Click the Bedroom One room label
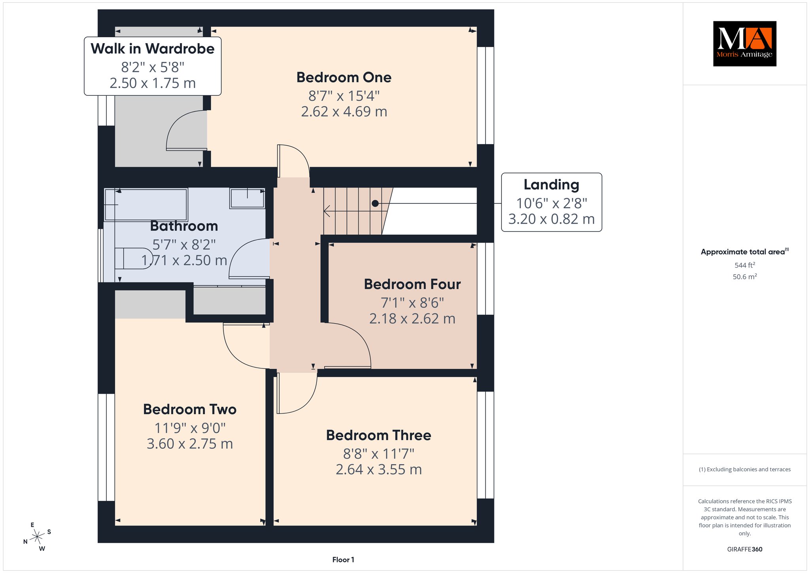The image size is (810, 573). tap(344, 78)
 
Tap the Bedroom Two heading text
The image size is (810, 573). tap(190, 410)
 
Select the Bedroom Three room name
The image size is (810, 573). tap(379, 435)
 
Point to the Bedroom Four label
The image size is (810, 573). tap(413, 285)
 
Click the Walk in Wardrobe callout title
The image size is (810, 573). tap(153, 49)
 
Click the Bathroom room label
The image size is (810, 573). tap(184, 226)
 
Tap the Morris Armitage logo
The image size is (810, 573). tap(745, 44)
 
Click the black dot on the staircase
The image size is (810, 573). tap(375, 203)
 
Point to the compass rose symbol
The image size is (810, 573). tap(37, 537)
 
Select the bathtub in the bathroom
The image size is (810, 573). tap(146, 205)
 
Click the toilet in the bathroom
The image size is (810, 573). tap(134, 259)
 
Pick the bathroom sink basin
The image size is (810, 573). tap(247, 198)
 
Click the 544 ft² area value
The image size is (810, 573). tap(745, 265)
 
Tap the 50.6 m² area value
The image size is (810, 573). tap(745, 277)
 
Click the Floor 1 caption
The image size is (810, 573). tap(343, 560)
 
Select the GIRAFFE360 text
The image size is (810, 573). tap(745, 549)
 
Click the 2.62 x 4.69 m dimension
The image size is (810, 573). tap(344, 112)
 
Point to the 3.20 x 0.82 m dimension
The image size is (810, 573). tap(551, 219)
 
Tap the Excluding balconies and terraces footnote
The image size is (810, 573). tap(745, 469)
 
